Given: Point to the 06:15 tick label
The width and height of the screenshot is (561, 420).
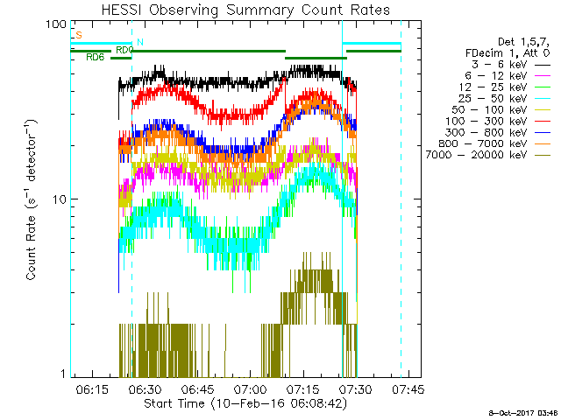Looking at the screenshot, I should [x=92, y=388].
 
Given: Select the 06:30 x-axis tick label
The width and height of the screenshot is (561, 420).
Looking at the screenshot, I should [x=145, y=388].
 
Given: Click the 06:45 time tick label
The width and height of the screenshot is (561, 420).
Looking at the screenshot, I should [x=197, y=388].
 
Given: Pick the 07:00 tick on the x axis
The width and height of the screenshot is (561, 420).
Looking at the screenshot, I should [x=250, y=388].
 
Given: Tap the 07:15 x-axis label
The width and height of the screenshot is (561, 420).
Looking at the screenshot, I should [x=302, y=388].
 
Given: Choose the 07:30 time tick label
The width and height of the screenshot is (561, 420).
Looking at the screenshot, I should [x=355, y=388].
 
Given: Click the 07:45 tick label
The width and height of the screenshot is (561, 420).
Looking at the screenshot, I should [x=408, y=388].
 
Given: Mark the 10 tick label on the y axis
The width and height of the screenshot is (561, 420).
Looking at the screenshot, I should [x=60, y=199].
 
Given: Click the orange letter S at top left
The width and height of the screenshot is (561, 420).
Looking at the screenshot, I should [x=79, y=35].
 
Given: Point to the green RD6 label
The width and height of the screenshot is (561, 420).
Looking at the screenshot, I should [x=96, y=57].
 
